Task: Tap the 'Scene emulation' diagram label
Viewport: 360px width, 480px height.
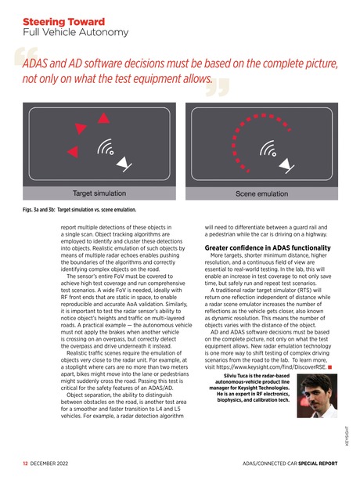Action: click(261, 191)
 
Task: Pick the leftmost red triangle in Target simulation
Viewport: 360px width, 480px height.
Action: click(72, 150)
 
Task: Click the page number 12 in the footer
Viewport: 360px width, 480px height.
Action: click(25, 463)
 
